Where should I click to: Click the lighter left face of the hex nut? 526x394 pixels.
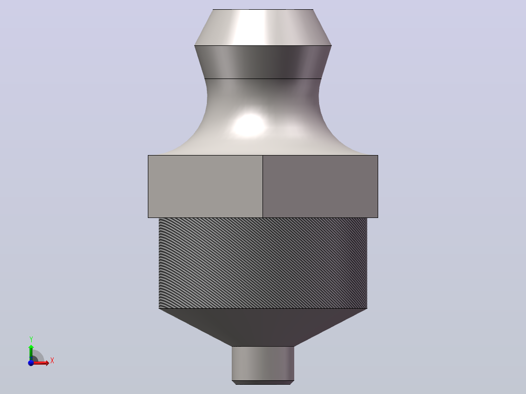205,186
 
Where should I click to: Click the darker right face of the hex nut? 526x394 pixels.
321,186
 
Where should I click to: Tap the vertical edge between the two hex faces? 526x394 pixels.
263,186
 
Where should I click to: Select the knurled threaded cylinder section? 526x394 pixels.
263,263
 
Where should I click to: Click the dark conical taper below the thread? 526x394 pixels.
263,327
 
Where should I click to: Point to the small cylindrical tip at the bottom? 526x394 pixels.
263,363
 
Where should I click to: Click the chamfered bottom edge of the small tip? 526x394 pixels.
263,383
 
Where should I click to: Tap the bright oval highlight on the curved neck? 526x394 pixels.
249,125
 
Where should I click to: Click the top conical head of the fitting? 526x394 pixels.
263,27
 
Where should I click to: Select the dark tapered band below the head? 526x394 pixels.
263,62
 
